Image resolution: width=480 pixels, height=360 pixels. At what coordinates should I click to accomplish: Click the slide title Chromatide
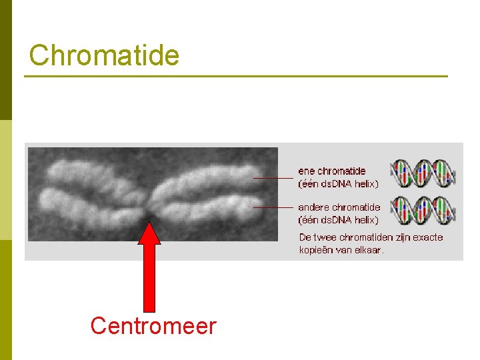click(x=105, y=55)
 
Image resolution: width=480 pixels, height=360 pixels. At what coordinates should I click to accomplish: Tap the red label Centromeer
click(x=153, y=326)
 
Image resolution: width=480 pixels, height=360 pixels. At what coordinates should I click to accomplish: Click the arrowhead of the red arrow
click(x=150, y=233)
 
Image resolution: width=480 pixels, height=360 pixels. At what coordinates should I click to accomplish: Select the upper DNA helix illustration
click(x=423, y=173)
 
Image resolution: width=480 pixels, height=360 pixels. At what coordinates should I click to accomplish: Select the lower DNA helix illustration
click(x=423, y=209)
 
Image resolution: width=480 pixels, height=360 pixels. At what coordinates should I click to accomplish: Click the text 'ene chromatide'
click(x=332, y=171)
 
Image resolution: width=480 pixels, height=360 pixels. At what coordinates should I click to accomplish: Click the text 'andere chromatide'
click(x=339, y=207)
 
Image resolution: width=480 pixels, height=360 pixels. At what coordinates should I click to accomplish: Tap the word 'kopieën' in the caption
click(x=317, y=250)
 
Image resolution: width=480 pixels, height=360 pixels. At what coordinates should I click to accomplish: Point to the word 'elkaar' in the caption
click(x=369, y=250)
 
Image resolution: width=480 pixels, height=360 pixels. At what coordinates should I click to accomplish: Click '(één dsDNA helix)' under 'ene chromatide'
click(x=338, y=183)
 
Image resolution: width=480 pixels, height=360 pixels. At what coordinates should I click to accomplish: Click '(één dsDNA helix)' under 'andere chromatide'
click(x=338, y=219)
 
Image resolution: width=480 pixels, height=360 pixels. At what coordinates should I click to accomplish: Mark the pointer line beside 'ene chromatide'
click(x=273, y=178)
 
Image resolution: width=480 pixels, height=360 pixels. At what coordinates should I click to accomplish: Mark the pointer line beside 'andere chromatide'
click(x=273, y=207)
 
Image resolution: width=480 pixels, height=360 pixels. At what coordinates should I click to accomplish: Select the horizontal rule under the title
click(x=236, y=77)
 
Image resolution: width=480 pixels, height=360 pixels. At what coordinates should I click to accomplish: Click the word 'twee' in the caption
click(x=324, y=237)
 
